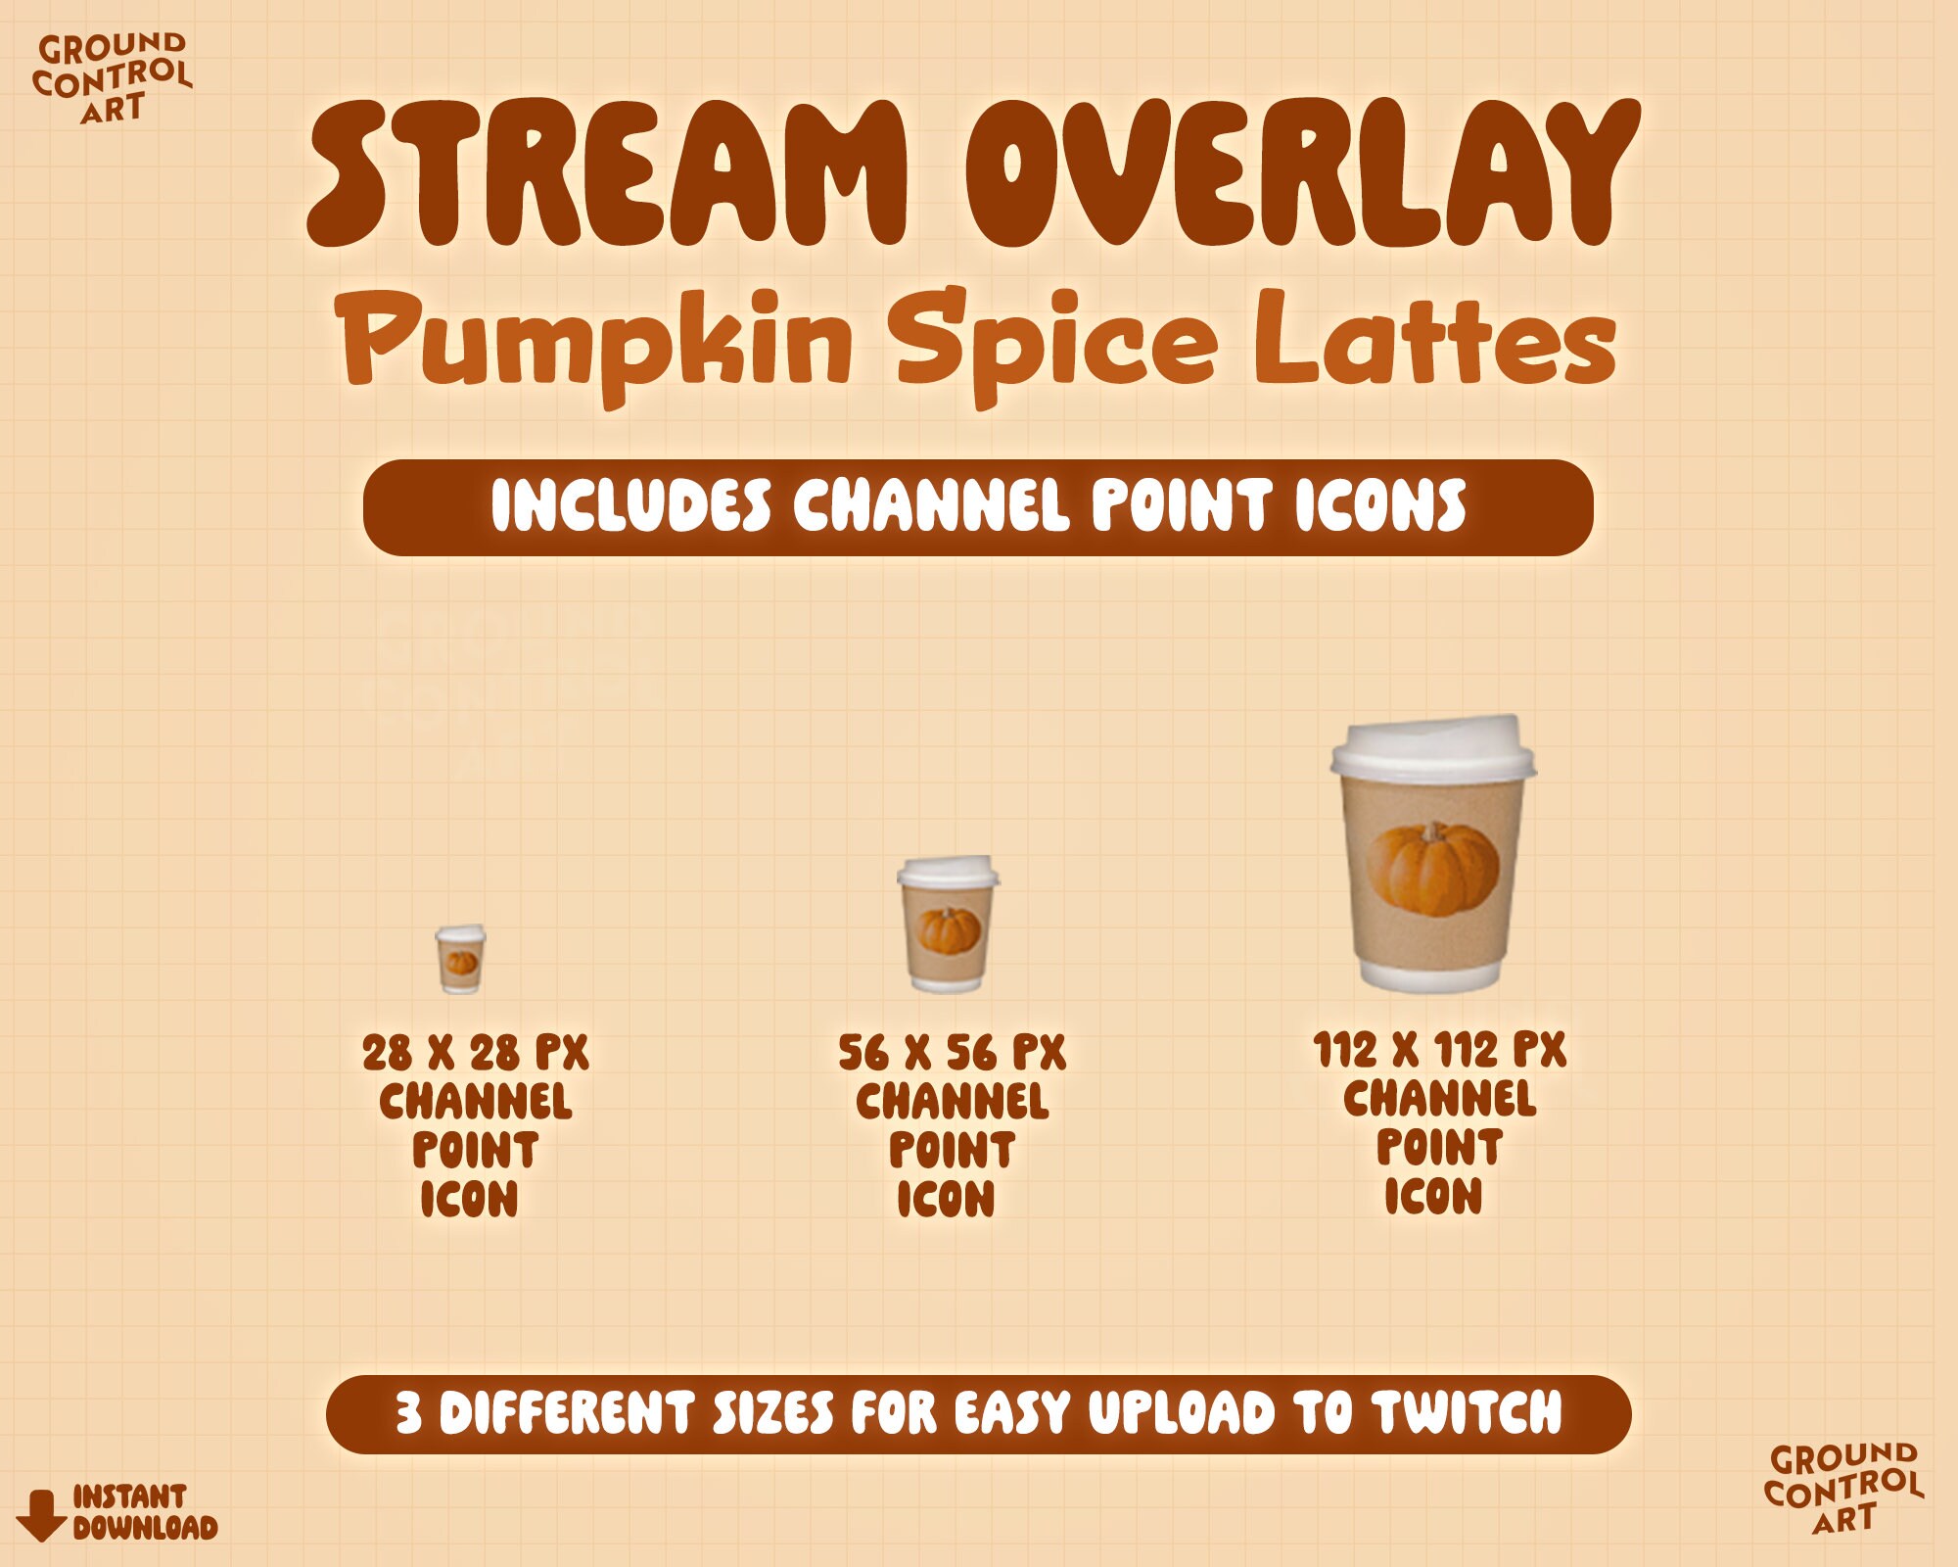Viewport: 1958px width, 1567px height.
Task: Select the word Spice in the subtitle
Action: [x=1057, y=343]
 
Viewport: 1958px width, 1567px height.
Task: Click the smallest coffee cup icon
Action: [x=460, y=960]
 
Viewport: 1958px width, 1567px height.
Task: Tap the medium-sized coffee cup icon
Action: [x=948, y=926]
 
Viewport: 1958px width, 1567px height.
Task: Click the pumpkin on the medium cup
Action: [x=949, y=930]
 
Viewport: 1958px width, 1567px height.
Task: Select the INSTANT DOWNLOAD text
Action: [x=144, y=1512]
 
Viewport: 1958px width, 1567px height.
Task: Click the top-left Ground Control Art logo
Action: [x=112, y=78]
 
